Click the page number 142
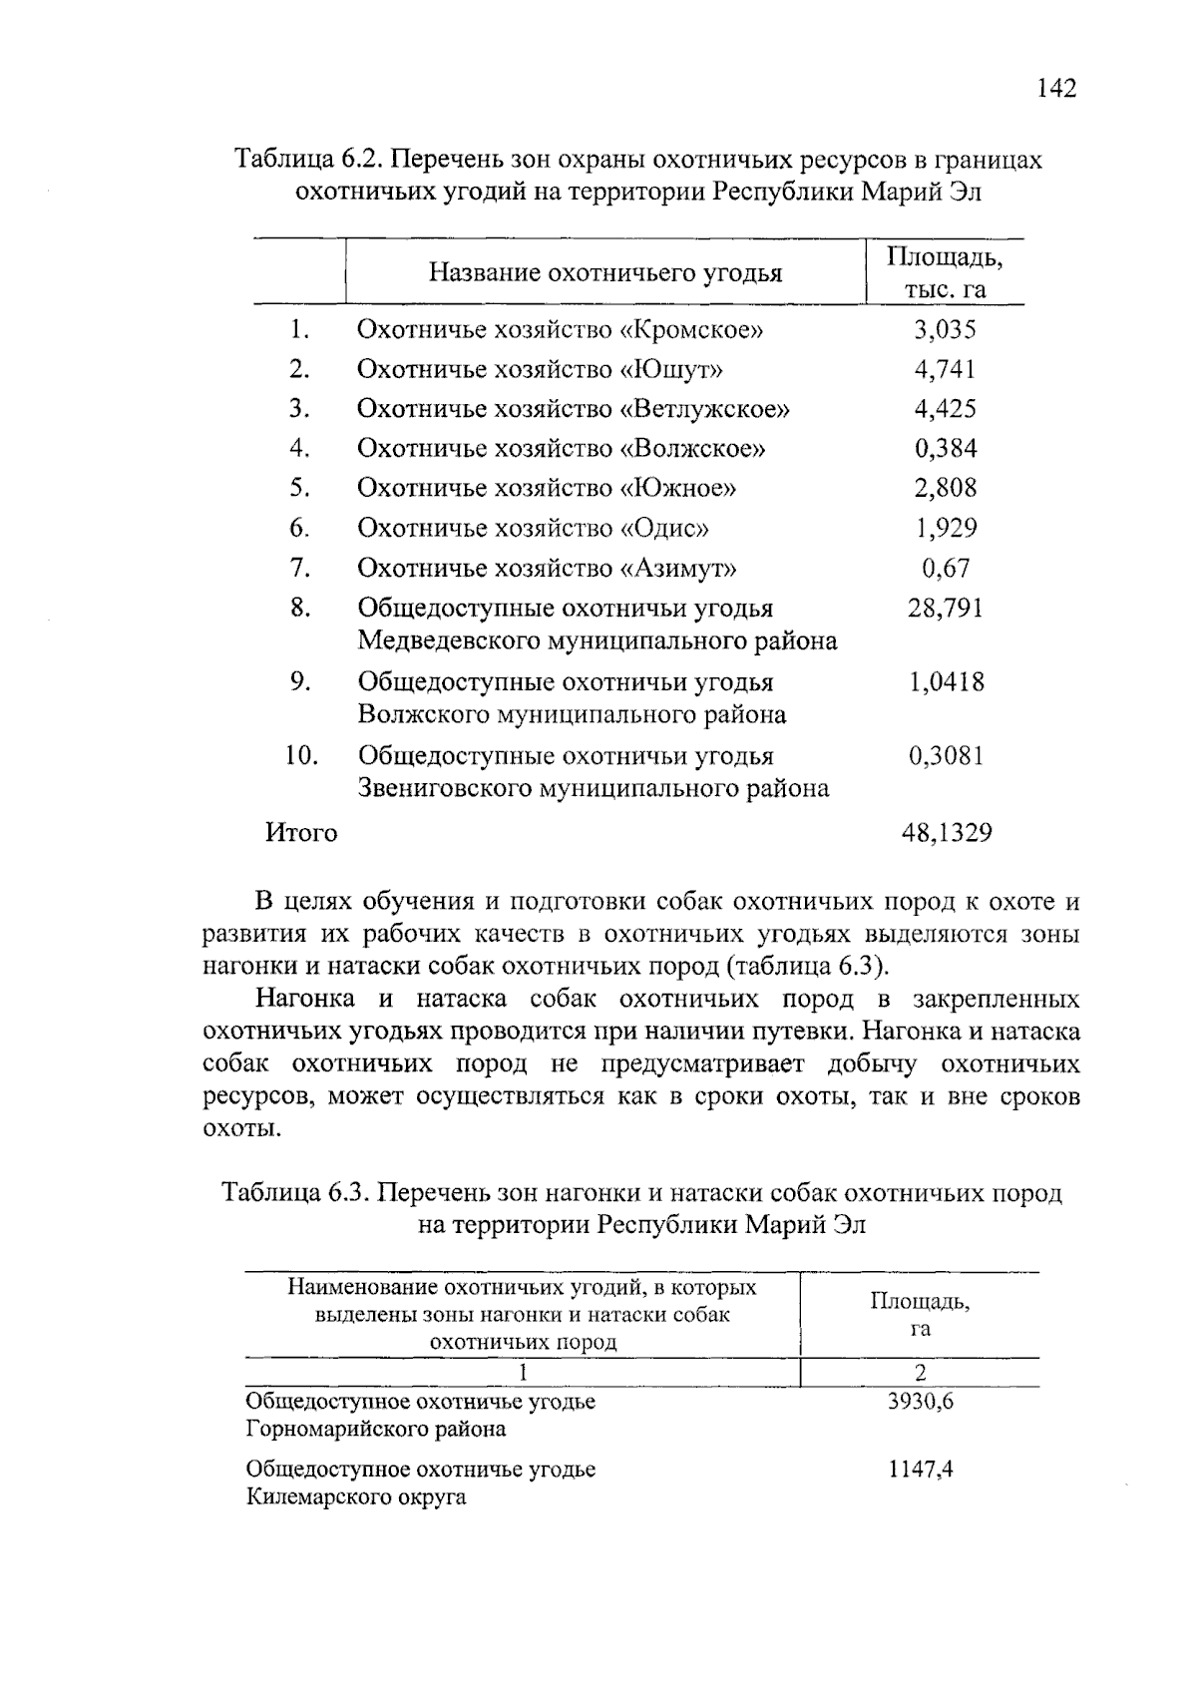pos(1056,89)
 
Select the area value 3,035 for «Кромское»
pos(945,329)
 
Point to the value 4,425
pos(945,409)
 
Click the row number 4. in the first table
pos(300,448)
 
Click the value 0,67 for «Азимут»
pos(945,568)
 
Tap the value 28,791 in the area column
pos(945,608)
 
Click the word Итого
pos(301,832)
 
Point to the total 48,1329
pos(947,832)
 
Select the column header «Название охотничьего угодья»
pos(605,272)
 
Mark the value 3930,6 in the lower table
pos(920,1401)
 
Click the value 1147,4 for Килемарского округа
pos(920,1470)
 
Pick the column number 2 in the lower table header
pos(920,1372)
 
